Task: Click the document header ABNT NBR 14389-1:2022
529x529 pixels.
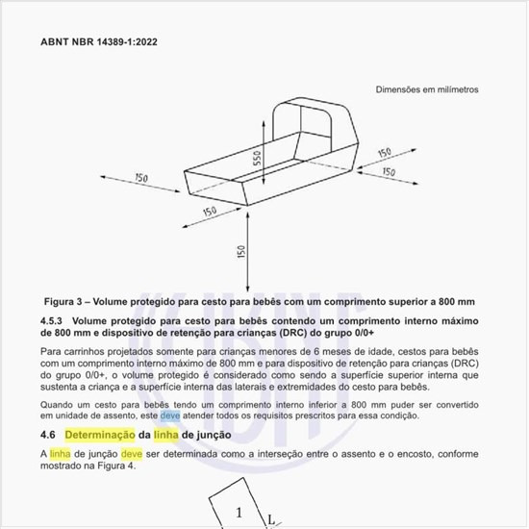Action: [100, 43]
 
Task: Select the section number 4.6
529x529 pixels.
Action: [48, 436]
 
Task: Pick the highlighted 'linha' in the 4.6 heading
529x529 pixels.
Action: [166, 436]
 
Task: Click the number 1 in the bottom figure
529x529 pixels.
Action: [238, 512]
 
